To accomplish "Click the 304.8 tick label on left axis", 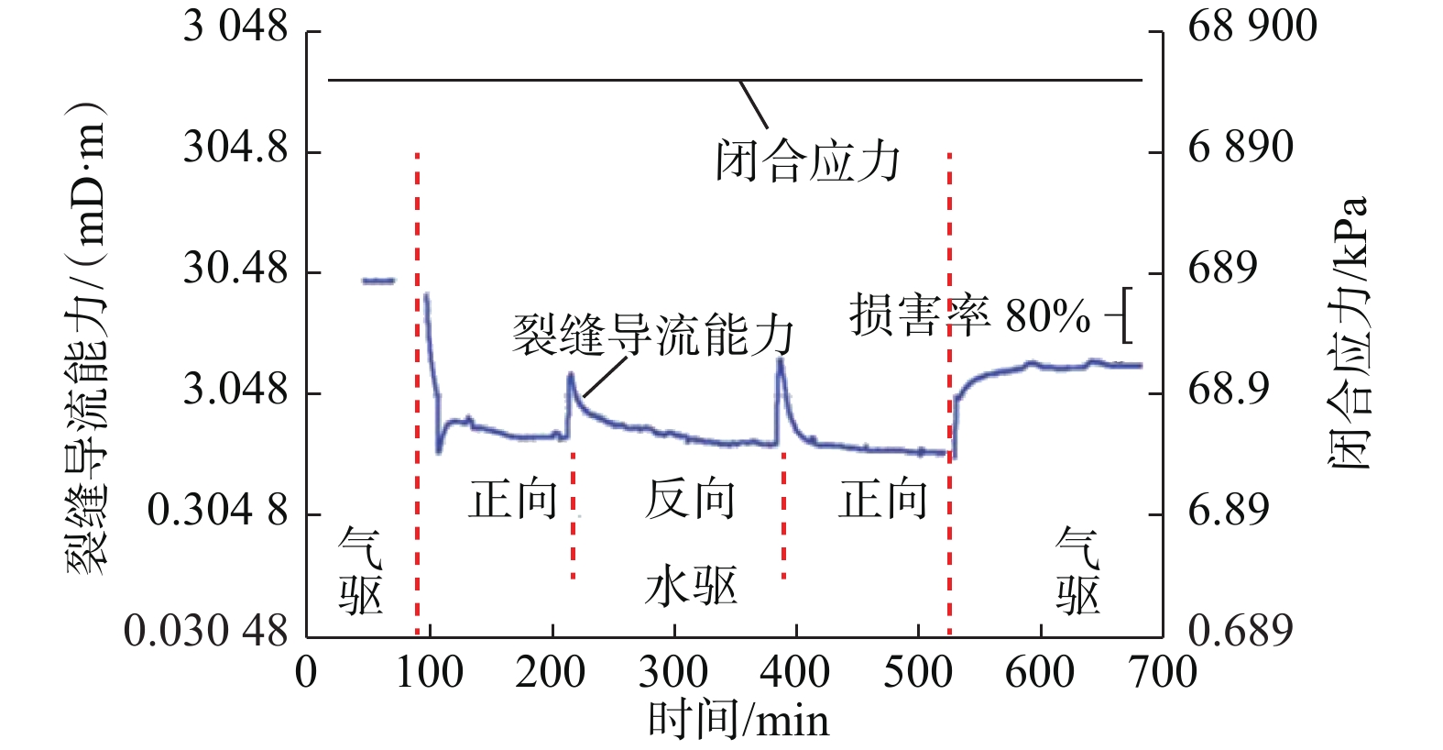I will (x=235, y=149).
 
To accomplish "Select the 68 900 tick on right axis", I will (x=1252, y=27).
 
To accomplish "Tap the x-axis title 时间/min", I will (x=738, y=720).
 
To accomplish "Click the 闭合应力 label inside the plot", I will (x=808, y=162).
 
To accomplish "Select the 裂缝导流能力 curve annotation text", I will (x=652, y=335).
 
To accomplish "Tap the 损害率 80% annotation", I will (x=969, y=316).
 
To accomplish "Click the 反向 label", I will (x=690, y=500).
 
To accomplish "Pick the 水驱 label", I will (x=690, y=586).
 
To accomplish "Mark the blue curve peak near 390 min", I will (x=780, y=360).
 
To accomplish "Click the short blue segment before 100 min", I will (x=378, y=281).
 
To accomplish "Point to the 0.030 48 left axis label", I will (x=206, y=631).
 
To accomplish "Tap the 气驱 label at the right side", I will (x=1077, y=571).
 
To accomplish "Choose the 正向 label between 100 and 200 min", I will (x=513, y=500).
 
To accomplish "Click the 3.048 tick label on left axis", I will (x=235, y=391).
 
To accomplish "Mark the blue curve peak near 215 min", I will (x=571, y=374).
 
